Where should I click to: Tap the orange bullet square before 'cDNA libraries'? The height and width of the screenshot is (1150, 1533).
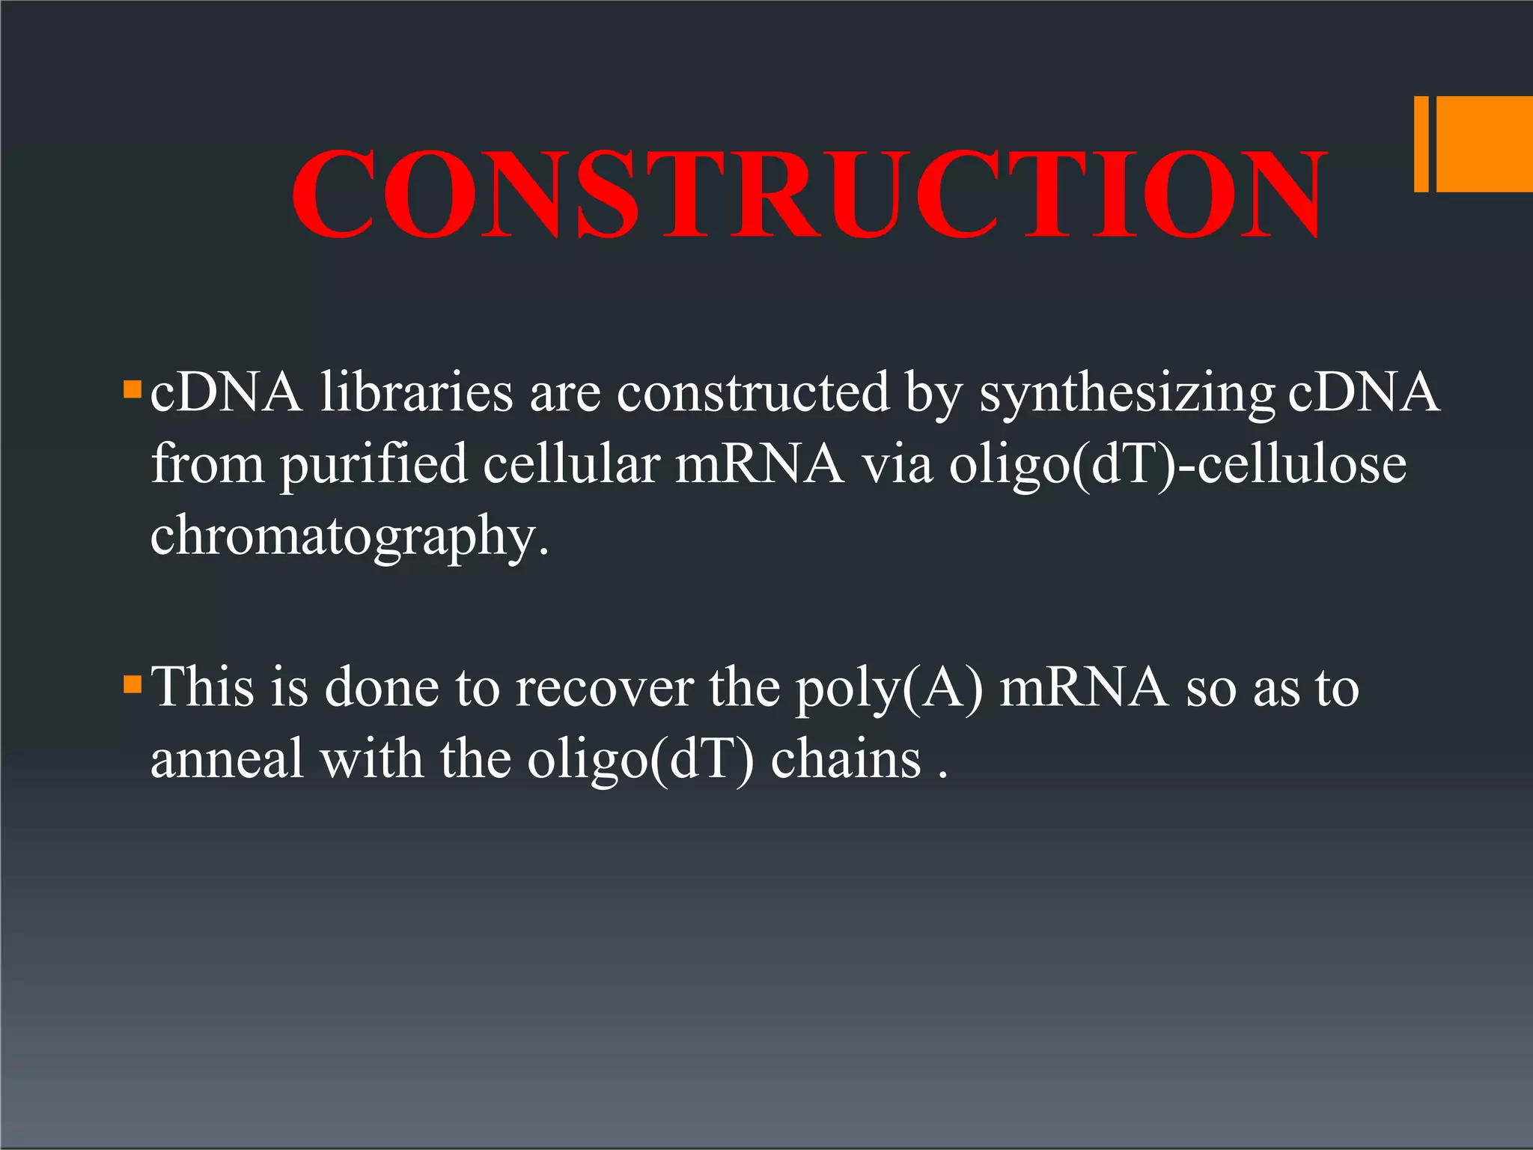[132, 389]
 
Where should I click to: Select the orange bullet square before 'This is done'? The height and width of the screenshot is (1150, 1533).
[132, 684]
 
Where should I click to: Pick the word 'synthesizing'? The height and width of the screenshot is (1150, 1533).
[1127, 394]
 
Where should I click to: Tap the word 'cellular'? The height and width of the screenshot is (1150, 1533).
[570, 464]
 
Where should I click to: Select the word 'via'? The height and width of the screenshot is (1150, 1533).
[897, 464]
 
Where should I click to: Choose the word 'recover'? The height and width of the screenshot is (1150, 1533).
[604, 687]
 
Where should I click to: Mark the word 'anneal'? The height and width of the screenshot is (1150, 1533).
[227, 759]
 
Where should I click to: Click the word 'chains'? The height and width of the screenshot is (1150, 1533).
[846, 759]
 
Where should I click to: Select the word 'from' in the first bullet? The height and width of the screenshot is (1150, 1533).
[207, 464]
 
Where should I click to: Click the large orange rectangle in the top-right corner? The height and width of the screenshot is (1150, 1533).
[1484, 144]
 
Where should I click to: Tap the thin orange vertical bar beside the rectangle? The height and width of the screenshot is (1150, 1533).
[1421, 144]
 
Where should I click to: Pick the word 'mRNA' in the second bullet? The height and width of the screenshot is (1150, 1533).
[1083, 687]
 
